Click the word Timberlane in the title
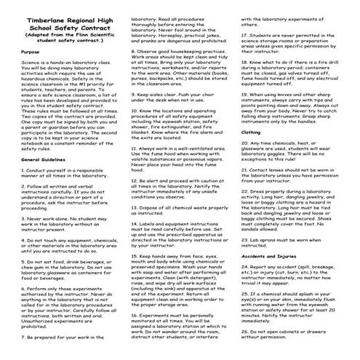[x=36, y=13]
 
